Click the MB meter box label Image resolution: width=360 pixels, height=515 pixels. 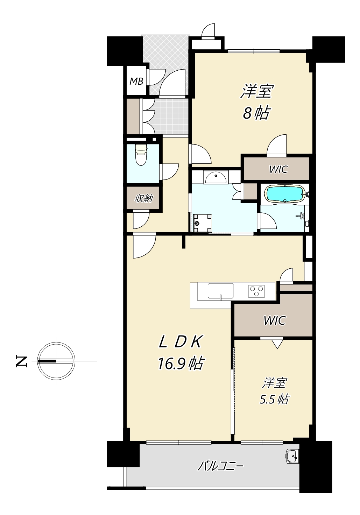[136, 81]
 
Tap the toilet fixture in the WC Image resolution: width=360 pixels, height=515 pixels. [141, 155]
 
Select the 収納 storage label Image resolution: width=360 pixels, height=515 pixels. [144, 198]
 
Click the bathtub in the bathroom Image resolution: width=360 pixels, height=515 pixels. [285, 194]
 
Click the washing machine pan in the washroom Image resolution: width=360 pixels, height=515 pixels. [203, 223]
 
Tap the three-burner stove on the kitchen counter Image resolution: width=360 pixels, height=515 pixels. [256, 291]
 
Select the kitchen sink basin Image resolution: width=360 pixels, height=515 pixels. [220, 291]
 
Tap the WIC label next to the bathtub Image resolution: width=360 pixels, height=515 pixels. [278, 170]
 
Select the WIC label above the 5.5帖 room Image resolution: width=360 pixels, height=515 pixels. [275, 321]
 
